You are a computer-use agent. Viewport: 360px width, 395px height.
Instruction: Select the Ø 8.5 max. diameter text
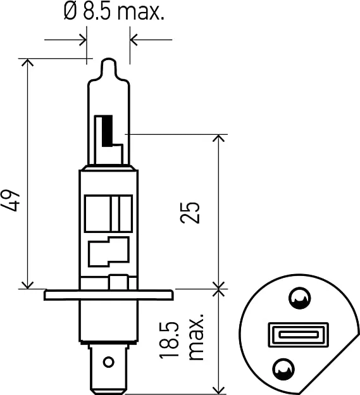(x=114, y=12)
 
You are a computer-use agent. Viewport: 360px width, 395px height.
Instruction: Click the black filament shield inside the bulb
(x=107, y=129)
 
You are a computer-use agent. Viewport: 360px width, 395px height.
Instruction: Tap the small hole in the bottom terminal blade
(x=108, y=361)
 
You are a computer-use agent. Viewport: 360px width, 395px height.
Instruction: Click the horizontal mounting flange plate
(x=108, y=295)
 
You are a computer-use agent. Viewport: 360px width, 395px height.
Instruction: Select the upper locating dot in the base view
(x=298, y=299)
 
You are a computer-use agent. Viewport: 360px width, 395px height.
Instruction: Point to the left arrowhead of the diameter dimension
(x=82, y=40)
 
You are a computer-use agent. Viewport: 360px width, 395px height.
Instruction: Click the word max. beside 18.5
(x=196, y=335)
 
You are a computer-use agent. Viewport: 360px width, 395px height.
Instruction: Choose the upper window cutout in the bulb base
(x=108, y=213)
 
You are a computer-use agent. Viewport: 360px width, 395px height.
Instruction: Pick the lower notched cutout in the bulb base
(x=108, y=252)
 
